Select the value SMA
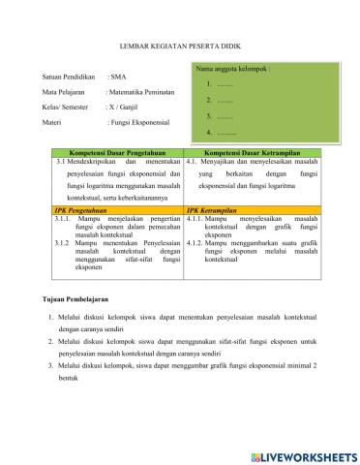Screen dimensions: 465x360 coord(116,75)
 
